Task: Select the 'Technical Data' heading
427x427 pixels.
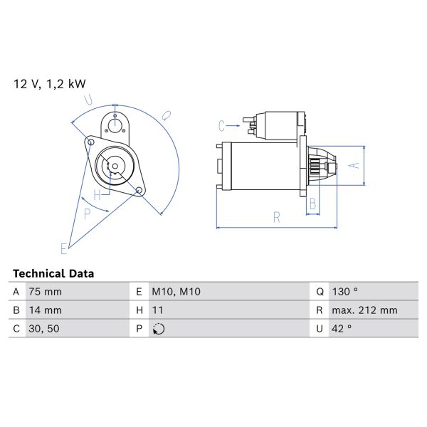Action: [53, 273]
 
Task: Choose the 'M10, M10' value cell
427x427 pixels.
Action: [176, 292]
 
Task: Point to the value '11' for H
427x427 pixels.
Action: [159, 310]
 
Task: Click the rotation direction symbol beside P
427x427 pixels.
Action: [159, 329]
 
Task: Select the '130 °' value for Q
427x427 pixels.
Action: [345, 292]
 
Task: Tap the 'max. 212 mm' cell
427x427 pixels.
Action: [364, 310]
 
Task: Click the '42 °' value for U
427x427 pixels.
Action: [342, 329]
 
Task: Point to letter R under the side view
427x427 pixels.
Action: [275, 218]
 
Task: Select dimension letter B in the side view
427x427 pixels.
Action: [312, 205]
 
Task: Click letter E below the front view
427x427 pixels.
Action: [63, 248]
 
